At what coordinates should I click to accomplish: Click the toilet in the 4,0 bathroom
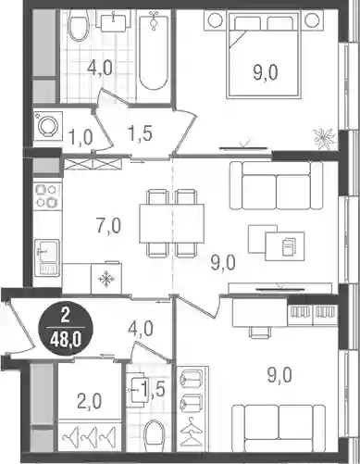(78, 25)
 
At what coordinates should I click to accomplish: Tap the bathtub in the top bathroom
(154, 50)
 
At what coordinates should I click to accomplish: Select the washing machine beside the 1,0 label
(48, 126)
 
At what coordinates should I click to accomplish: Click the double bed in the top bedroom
(264, 55)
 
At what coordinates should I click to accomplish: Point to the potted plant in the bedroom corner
(325, 138)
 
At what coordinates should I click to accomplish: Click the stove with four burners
(47, 195)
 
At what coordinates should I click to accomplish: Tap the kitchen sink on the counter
(47, 257)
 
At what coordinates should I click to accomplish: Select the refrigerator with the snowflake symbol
(106, 278)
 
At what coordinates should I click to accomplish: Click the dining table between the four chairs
(171, 223)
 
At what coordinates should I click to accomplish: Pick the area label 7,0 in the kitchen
(108, 226)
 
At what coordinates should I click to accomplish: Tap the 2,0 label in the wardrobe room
(90, 402)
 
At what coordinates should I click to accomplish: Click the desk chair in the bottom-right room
(259, 332)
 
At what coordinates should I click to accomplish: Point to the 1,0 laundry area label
(81, 137)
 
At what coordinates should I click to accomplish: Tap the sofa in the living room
(277, 185)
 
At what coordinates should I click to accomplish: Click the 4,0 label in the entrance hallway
(141, 328)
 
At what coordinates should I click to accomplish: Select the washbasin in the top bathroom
(114, 21)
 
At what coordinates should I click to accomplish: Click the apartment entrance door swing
(19, 327)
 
